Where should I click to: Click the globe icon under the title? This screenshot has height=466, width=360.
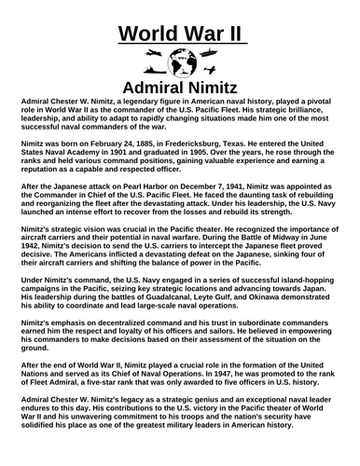pos(180,66)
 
